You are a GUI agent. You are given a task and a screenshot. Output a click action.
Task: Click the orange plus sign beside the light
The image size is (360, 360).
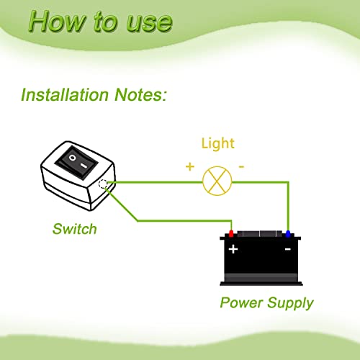click(x=190, y=166)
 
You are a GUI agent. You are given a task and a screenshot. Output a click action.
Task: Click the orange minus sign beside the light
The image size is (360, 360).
click(x=240, y=166)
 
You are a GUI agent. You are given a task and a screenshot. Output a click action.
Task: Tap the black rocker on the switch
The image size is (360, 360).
click(x=77, y=159)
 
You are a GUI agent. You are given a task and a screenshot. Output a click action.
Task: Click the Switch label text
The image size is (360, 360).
click(x=74, y=230)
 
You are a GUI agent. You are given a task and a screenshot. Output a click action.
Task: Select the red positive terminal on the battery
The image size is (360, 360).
click(x=231, y=233)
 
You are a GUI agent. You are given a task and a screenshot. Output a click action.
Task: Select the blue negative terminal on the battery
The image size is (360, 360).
click(x=288, y=233)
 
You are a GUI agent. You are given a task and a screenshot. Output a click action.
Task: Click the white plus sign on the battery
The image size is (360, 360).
click(x=233, y=248)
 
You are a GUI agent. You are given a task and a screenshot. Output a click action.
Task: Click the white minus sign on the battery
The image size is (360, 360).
click(x=287, y=248)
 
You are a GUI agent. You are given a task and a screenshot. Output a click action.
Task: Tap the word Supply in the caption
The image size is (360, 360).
click(x=289, y=302)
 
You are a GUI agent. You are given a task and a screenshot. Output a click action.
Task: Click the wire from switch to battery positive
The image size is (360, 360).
click(x=180, y=220)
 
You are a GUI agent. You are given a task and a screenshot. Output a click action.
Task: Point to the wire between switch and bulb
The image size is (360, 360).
click(x=155, y=181)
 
